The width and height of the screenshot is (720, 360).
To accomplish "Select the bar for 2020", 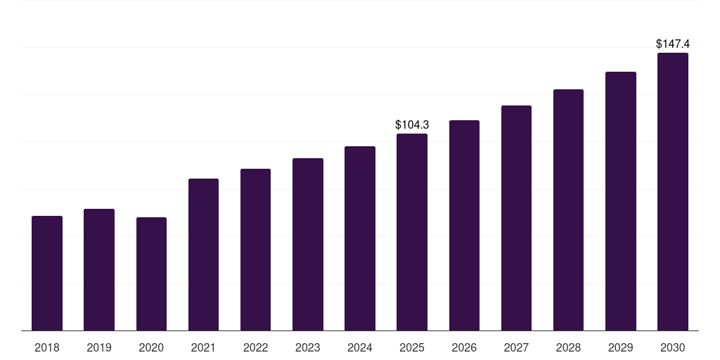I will [151, 274].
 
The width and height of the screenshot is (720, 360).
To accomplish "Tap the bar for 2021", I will [203, 255].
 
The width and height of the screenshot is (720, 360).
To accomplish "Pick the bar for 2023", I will [308, 244].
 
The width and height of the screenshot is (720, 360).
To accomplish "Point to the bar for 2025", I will [412, 232].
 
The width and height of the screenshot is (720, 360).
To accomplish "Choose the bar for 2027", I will [516, 218].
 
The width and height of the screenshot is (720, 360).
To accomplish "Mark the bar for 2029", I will [621, 201].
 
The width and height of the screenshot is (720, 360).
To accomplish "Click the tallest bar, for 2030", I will [673, 191].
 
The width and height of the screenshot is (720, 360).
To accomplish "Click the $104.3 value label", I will [412, 124].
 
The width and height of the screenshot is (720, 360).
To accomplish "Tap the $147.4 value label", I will [673, 44].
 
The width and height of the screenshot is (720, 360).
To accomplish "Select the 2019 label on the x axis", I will [99, 347].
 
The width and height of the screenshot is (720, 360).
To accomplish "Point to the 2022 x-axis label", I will [255, 347].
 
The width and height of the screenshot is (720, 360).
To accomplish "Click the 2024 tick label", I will [360, 347].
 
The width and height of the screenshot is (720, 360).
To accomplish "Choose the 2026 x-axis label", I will [464, 347].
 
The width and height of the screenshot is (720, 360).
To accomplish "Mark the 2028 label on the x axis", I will [568, 347].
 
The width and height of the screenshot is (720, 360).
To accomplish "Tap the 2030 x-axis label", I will [673, 347].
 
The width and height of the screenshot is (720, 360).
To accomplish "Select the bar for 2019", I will [99, 269].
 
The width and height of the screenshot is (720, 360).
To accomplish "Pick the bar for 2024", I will [360, 238].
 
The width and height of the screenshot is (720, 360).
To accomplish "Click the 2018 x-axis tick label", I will [47, 347].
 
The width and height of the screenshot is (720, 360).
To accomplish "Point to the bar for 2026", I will [464, 225].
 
